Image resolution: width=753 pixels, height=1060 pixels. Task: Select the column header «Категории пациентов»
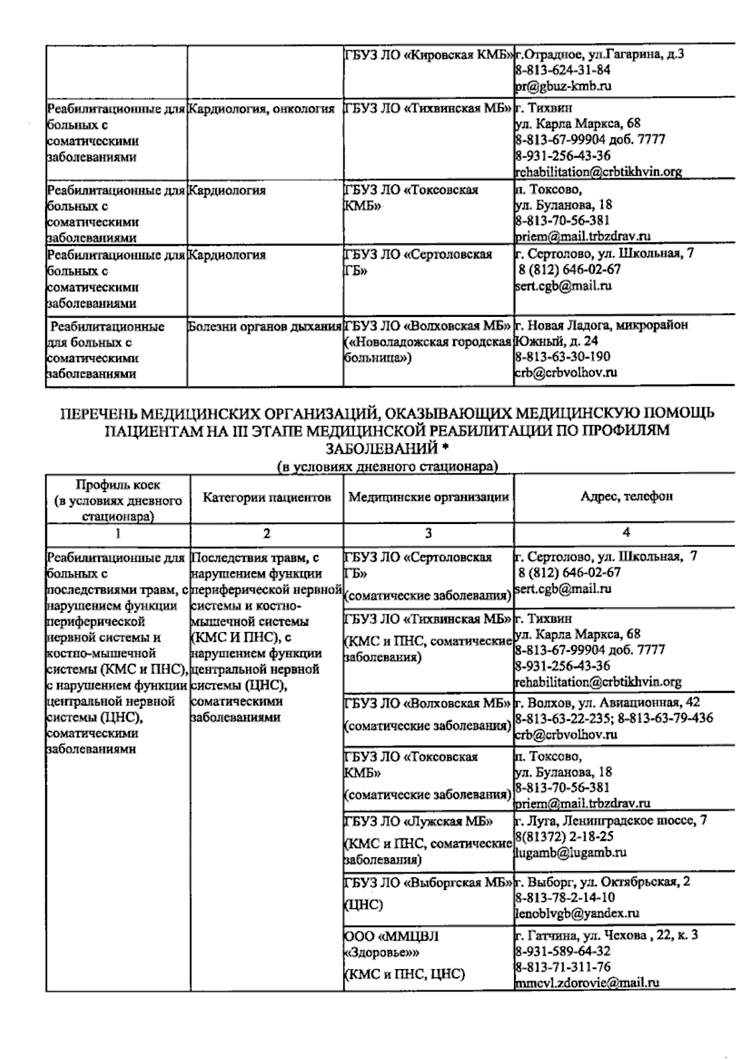267,498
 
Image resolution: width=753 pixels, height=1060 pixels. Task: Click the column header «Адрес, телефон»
626,496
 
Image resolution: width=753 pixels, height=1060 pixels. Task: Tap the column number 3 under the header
428,533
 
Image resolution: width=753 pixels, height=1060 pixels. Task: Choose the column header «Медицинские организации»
428,498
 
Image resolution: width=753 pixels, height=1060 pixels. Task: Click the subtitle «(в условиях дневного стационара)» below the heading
387,466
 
